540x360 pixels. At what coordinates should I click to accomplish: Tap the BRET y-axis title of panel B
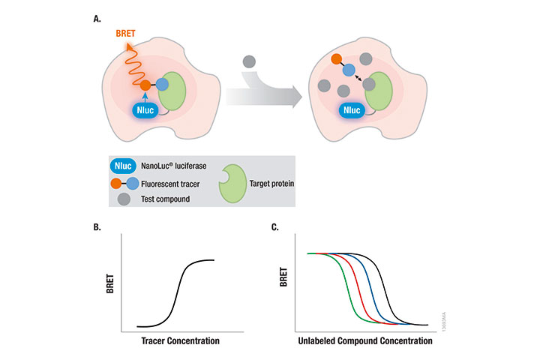[113, 287]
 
